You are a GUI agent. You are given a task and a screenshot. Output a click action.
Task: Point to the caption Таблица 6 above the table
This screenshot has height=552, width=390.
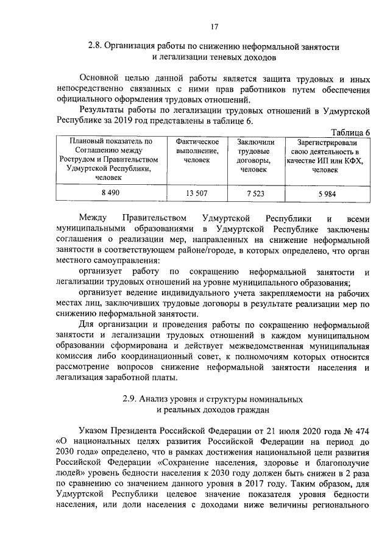[350, 132]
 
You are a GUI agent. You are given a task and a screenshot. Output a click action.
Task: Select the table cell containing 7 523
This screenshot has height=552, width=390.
[255, 193]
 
